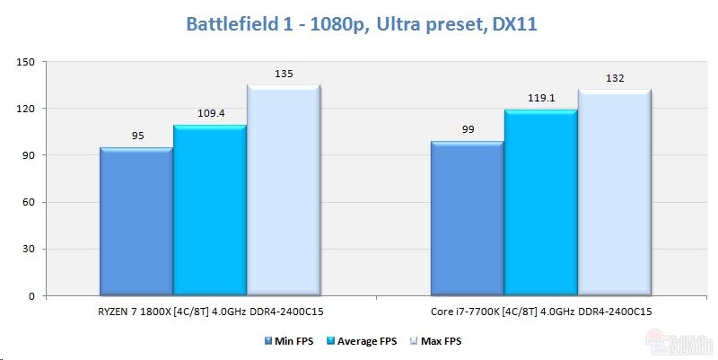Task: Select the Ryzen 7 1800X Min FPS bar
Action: point(136,222)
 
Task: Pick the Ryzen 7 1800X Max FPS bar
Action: point(283,190)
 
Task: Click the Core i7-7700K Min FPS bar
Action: point(467,218)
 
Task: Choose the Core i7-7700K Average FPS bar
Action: point(540,203)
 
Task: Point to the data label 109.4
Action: point(210,114)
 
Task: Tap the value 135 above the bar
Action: point(284,74)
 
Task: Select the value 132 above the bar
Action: point(615,79)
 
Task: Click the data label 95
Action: point(136,136)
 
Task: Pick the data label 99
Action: point(468,130)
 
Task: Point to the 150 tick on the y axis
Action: point(25,62)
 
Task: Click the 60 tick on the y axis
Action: point(28,202)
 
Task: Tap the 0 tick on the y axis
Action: point(31,295)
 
